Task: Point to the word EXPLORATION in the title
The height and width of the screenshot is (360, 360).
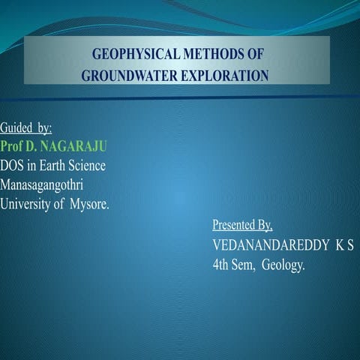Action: [x=223, y=76]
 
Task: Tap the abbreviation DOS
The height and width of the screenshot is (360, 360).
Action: [x=13, y=166]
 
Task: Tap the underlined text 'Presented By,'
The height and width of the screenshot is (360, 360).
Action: [x=242, y=225]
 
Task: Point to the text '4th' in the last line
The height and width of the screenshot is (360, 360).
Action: [x=223, y=265]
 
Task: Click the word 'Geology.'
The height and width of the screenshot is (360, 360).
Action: [x=286, y=265]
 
